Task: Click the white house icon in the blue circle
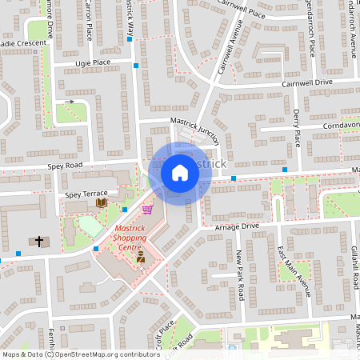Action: pyautogui.click(x=180, y=172)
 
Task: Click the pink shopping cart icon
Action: pyautogui.click(x=147, y=210)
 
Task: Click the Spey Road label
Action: pyautogui.click(x=65, y=166)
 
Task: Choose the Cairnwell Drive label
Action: pyautogui.click(x=306, y=82)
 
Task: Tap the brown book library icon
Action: pyautogui.click(x=101, y=203)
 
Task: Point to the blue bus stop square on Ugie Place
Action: pyautogui.click(x=137, y=65)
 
